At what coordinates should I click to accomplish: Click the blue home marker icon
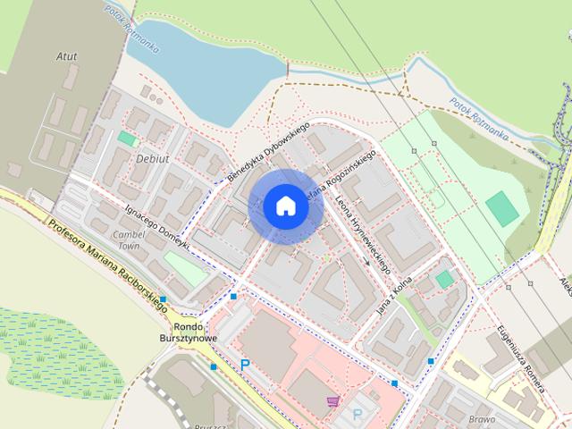[x=286, y=206]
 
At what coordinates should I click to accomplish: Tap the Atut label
[x=65, y=56]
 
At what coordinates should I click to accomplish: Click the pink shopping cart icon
[x=333, y=400]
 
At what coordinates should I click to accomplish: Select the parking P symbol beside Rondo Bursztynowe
[x=244, y=364]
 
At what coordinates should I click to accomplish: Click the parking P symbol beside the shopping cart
[x=357, y=414]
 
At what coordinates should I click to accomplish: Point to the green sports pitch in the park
[x=502, y=208]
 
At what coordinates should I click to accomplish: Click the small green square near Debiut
[x=127, y=139]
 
